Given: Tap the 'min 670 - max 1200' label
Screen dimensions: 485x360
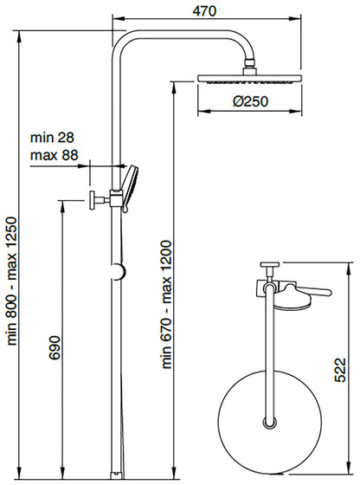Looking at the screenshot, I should [x=167, y=304].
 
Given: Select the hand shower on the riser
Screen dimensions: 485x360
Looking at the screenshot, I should [x=127, y=185].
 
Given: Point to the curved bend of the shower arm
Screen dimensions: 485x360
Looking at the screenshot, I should [x=123, y=45].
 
